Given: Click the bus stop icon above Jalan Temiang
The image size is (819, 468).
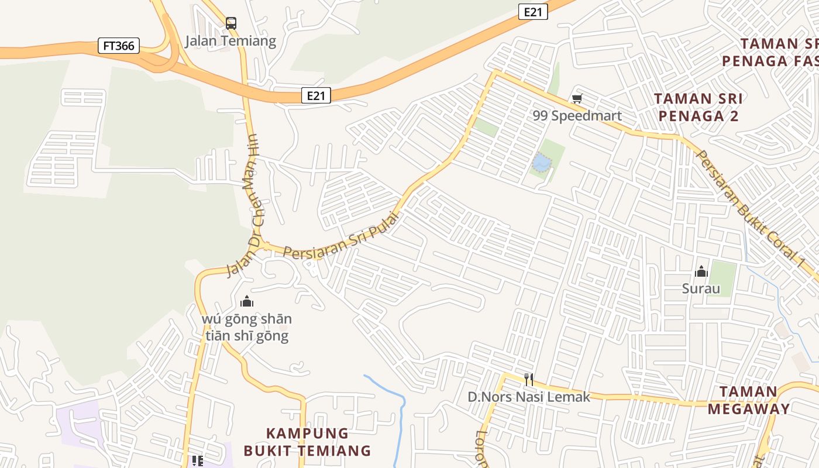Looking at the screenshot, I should tap(231, 23).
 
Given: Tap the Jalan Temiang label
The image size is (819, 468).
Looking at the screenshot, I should tap(230, 41).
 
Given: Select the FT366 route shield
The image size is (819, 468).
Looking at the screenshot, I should tap(119, 46).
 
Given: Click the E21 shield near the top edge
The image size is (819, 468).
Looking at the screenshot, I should tap(532, 12).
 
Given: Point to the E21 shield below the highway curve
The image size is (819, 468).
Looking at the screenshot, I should tap(316, 95).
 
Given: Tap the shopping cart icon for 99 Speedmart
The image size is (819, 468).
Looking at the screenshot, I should tap(577, 99).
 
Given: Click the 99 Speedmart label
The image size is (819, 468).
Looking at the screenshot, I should tap(577, 116).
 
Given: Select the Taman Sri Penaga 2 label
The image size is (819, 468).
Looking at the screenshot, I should tap(698, 107).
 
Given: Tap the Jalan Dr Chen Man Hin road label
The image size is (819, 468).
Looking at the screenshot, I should tap(244, 205).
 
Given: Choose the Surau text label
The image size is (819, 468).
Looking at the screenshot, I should tap(701, 288).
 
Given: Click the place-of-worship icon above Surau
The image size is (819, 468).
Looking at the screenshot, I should tap(701, 271).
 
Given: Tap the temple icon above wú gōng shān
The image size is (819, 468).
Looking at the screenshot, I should tap(247, 302).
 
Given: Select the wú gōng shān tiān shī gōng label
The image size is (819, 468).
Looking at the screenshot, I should tap(247, 328).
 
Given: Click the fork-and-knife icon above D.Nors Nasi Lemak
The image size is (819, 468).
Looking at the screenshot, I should tap(529, 380).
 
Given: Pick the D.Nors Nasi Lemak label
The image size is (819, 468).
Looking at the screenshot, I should tap(529, 397).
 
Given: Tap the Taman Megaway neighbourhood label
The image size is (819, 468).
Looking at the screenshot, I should tap(749, 400).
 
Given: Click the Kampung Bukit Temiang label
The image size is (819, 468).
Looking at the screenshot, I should tap(307, 442).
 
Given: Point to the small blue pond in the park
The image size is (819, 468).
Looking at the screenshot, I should tap(541, 162).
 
